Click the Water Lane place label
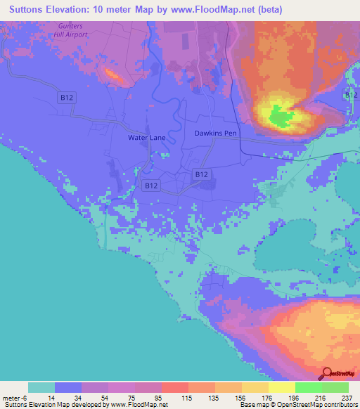pyautogui.click(x=146, y=138)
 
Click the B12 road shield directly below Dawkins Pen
pyautogui.click(x=201, y=173)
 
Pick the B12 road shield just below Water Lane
pyautogui.click(x=150, y=186)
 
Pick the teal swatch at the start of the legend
pyautogui.click(x=41, y=387)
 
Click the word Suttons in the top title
pyautogui.click(x=27, y=10)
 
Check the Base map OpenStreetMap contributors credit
pyautogui.click(x=297, y=405)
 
